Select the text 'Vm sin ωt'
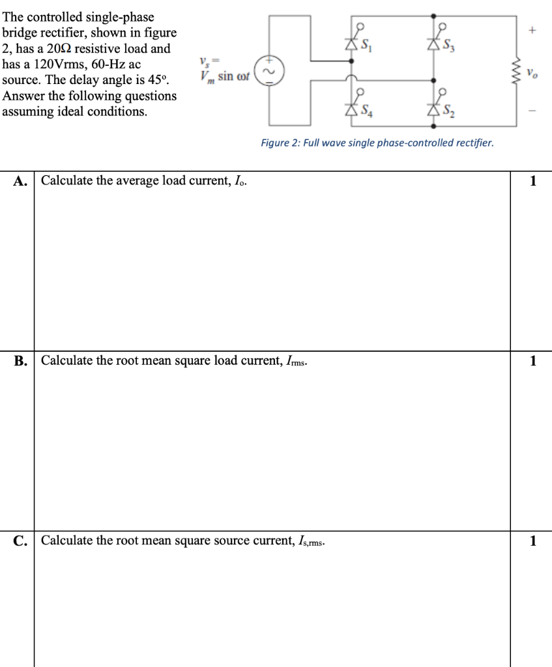(223, 77)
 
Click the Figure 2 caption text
(377, 143)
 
